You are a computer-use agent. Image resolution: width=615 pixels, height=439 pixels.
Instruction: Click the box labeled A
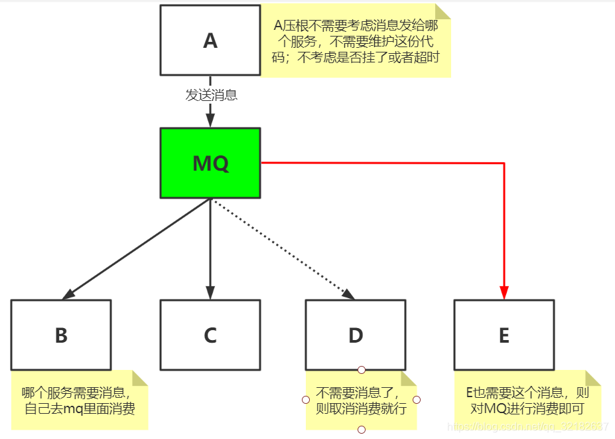pos(210,41)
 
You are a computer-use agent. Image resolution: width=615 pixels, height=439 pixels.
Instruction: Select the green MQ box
pos(210,163)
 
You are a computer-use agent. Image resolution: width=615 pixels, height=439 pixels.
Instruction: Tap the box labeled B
pos(61,335)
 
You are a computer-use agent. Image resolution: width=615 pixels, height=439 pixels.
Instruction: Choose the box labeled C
pos(210,335)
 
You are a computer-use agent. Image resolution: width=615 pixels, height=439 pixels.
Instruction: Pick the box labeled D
pos(356,335)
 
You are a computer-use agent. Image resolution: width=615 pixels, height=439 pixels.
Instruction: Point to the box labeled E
pos(504,335)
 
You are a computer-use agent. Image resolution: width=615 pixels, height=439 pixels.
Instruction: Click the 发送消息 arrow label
pos(211,95)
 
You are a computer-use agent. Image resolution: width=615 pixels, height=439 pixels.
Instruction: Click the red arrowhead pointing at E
pos(504,292)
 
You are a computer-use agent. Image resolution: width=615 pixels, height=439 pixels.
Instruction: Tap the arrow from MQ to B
pos(136,248)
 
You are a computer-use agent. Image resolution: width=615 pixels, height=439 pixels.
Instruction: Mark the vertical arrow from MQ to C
pos(210,248)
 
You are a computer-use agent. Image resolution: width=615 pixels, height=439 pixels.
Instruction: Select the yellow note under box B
pos(80,400)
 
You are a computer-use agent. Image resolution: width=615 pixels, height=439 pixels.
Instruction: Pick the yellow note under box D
pos(361,400)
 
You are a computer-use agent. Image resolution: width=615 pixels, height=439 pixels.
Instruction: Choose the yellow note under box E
pos(527,400)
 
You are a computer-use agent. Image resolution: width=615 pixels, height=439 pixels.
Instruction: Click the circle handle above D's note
pos(362,369)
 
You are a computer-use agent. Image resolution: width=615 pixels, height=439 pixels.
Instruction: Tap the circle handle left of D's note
pos(306,400)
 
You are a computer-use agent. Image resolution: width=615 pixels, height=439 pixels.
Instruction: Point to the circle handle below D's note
pos(362,430)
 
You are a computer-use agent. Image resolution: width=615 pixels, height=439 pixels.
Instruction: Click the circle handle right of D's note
pos(417,400)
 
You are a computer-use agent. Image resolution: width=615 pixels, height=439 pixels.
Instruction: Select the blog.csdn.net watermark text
pos(527,427)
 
